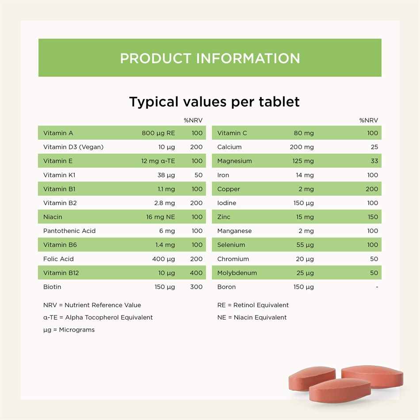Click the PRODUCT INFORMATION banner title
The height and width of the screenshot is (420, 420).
coord(210,58)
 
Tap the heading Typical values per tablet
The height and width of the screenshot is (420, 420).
coord(214,102)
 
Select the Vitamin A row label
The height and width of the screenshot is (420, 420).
coord(58,133)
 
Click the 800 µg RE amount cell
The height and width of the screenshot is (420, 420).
coord(158,133)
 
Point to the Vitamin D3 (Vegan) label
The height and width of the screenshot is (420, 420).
coord(73,147)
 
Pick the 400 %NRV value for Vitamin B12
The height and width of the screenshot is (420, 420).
coord(196,273)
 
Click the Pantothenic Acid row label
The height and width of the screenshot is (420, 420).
coord(69,231)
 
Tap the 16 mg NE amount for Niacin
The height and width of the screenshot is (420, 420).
coord(160,217)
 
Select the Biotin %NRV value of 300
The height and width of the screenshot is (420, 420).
coord(196,287)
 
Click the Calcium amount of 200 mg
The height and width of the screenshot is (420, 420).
coord(302,147)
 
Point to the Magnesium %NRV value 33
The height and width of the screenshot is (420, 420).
coord(374,161)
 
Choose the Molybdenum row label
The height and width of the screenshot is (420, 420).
coord(237,273)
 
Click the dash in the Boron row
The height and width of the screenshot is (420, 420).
coord(377,287)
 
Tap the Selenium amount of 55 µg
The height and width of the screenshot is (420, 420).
coord(305,245)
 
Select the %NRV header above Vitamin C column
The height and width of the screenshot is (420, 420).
coord(369,120)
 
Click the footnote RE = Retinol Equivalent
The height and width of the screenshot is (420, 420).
coord(253,305)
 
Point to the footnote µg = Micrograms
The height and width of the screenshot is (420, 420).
coord(69,330)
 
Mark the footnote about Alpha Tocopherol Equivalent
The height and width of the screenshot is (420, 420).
coord(98,317)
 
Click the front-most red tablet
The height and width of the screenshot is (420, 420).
coord(340,390)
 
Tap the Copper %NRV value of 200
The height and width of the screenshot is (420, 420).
coord(372,189)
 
